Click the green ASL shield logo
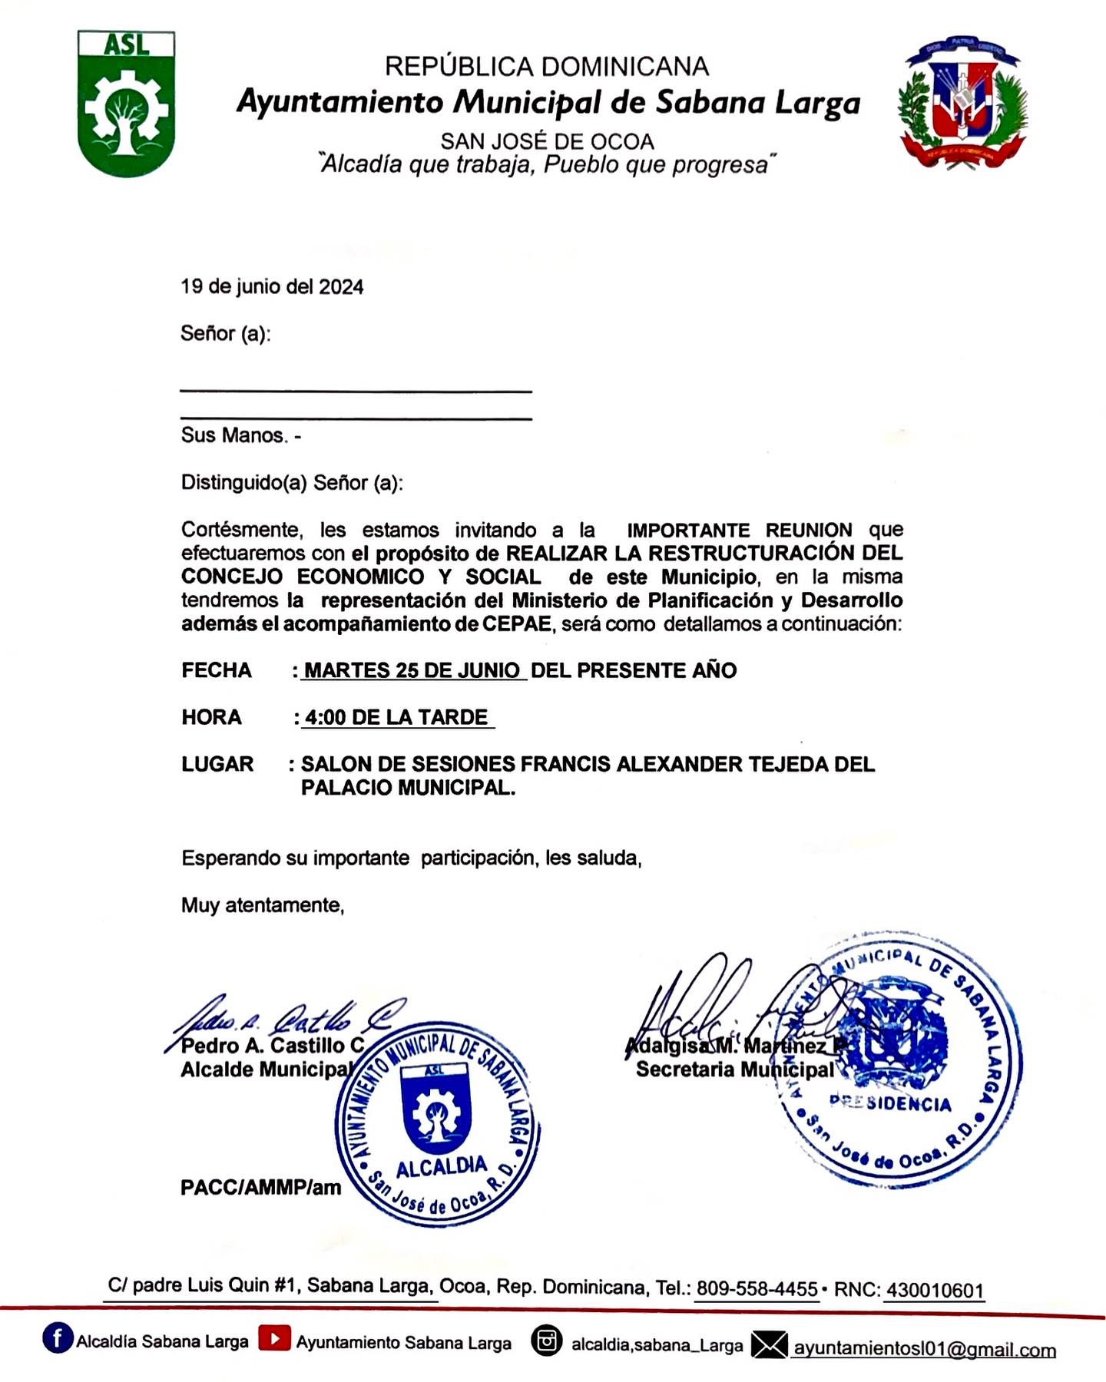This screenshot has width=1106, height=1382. (127, 104)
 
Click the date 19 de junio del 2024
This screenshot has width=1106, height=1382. (272, 287)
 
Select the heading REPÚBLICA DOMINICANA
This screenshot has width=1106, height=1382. (546, 67)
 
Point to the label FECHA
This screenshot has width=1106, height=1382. (217, 670)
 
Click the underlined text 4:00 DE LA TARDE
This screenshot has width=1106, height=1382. (396, 717)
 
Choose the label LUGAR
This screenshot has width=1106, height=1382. (217, 764)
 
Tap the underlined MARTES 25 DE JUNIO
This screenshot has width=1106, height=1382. (412, 670)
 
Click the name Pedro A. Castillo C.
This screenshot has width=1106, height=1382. (273, 1045)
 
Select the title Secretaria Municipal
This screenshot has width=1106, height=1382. (734, 1070)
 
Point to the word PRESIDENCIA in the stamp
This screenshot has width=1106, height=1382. (891, 1103)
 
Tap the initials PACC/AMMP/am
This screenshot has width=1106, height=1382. (260, 1188)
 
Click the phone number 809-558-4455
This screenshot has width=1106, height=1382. (757, 1289)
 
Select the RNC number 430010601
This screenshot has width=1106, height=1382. (935, 1290)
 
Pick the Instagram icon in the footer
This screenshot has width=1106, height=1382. (546, 1341)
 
